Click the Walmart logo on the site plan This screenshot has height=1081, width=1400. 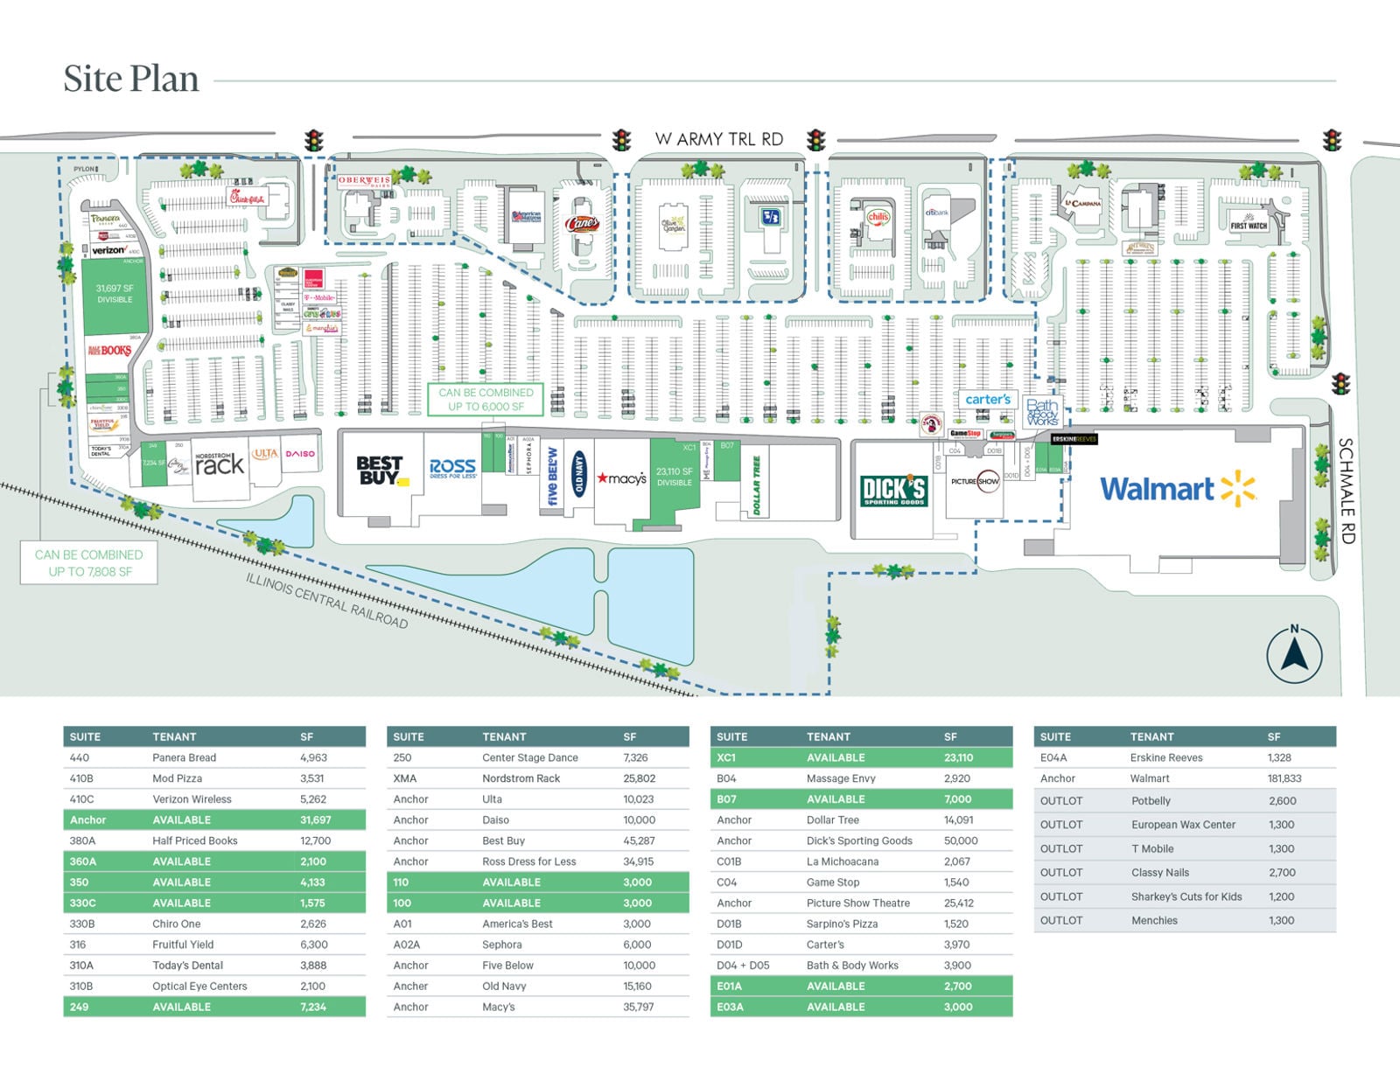tap(1177, 489)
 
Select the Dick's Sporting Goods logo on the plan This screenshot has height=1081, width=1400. tap(893, 491)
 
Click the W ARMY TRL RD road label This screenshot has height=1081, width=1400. tap(718, 139)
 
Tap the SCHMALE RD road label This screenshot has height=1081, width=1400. tap(1346, 491)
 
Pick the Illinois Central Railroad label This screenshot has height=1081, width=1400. tap(326, 601)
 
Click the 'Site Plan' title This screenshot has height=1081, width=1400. tap(131, 79)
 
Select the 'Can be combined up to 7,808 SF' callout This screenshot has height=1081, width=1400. tap(89, 563)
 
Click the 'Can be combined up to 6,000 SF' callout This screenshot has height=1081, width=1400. tap(486, 400)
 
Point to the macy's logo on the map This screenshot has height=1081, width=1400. tap(621, 478)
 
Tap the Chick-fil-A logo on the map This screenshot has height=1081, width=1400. tap(246, 198)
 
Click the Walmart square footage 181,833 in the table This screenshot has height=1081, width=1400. tap(1284, 778)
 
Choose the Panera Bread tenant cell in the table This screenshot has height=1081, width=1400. tap(184, 757)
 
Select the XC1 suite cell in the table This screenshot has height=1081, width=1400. tap(725, 757)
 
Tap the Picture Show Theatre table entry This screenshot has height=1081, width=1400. tap(857, 903)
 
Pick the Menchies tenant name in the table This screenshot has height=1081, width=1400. tap(1154, 920)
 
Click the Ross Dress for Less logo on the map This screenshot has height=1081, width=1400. tap(452, 469)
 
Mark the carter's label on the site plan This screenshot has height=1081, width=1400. tap(987, 400)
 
